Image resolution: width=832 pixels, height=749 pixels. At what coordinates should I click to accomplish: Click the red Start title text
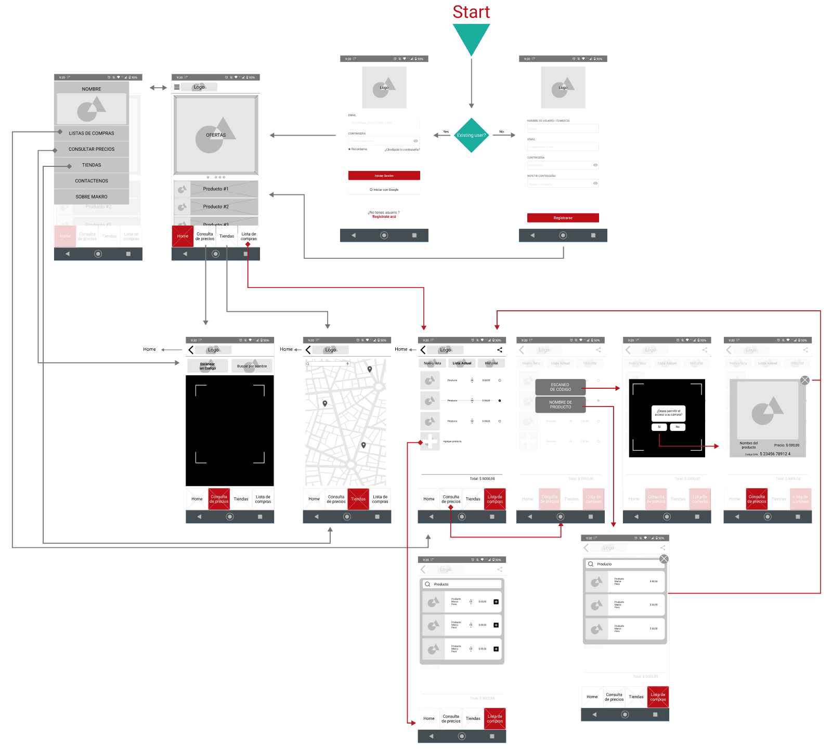[x=471, y=12]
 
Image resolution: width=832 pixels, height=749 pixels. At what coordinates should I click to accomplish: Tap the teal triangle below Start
[x=471, y=37]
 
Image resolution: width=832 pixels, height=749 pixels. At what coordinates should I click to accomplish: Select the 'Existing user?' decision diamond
[x=471, y=135]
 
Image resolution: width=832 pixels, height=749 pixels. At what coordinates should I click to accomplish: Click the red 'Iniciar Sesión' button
[x=384, y=176]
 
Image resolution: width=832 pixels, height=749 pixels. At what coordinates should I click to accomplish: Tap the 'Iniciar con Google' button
[x=384, y=190]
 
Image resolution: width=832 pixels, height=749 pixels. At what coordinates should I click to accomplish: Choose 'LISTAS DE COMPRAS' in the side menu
[x=92, y=133]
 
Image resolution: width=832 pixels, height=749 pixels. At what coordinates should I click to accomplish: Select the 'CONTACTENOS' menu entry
[x=92, y=181]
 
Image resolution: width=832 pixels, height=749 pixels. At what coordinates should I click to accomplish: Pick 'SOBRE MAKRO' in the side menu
[x=92, y=196]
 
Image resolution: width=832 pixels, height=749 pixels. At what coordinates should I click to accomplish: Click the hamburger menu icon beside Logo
[x=177, y=87]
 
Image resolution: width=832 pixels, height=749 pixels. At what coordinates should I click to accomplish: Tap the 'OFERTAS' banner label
[x=216, y=135]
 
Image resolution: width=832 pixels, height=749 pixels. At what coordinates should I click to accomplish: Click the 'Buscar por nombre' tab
[x=252, y=366]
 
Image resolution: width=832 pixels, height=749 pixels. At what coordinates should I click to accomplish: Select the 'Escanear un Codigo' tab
[x=207, y=366]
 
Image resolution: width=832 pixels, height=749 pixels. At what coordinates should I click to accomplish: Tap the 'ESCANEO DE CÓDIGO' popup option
[x=561, y=387]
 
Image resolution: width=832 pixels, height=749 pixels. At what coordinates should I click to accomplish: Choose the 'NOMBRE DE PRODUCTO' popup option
[x=561, y=404]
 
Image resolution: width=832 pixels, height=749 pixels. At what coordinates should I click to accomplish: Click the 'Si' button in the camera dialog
[x=659, y=427]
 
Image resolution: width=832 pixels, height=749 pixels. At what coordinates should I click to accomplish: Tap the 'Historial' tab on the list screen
[x=491, y=363]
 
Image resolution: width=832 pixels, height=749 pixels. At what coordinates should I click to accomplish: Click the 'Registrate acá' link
[x=384, y=217]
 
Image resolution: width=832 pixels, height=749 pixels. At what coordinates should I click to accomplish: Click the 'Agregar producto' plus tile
[x=430, y=441]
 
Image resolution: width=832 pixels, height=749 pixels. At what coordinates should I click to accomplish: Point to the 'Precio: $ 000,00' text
[x=786, y=445]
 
